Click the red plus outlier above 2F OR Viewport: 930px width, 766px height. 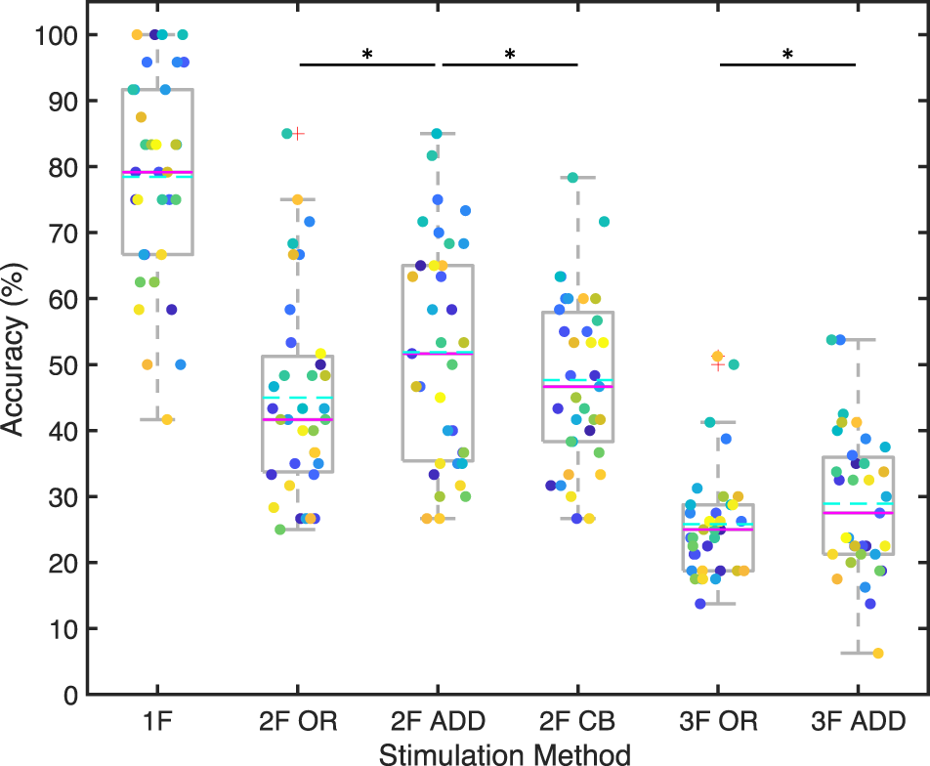(x=298, y=134)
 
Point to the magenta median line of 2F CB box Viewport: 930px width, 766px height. (x=577, y=387)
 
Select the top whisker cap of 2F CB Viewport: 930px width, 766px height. (x=577, y=178)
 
